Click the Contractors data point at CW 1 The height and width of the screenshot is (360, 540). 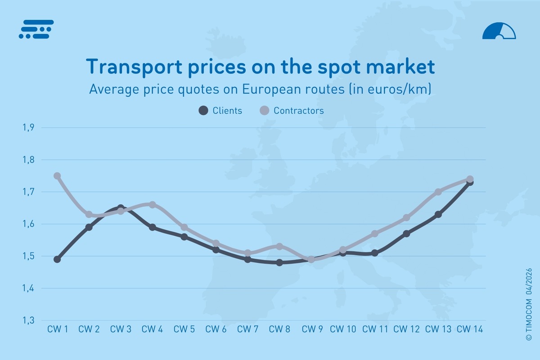(x=57, y=176)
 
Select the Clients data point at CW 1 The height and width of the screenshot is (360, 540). (x=57, y=259)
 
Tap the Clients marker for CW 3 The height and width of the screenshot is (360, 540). (x=121, y=208)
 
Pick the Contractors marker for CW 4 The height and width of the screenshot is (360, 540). (x=153, y=205)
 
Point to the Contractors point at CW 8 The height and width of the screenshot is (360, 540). (x=279, y=247)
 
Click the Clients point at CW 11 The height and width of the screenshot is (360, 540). (x=374, y=253)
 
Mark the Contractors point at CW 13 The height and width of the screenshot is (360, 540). (x=438, y=192)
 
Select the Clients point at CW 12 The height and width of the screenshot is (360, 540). (x=406, y=234)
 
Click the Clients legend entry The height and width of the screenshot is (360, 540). (x=220, y=111)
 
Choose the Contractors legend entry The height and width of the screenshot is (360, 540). (x=292, y=111)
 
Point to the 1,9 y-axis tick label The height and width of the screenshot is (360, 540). (x=28, y=128)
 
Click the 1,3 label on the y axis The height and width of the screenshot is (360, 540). (x=28, y=320)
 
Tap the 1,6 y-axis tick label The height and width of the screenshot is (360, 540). (x=28, y=224)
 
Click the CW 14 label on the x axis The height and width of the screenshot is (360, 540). (x=470, y=329)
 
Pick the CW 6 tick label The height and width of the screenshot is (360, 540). (x=216, y=329)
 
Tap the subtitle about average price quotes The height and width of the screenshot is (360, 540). (x=261, y=89)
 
